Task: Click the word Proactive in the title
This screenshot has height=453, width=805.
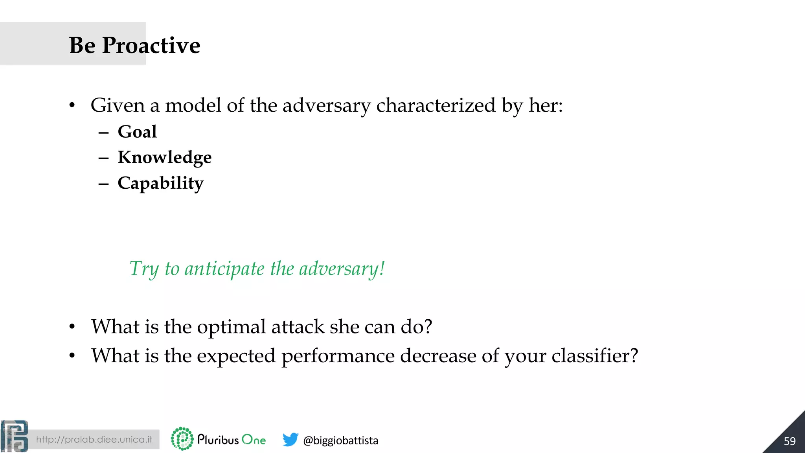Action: tap(151, 45)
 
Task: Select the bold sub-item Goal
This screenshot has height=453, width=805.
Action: tap(137, 132)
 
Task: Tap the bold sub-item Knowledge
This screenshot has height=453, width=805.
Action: tap(165, 157)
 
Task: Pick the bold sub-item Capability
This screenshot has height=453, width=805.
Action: tap(161, 183)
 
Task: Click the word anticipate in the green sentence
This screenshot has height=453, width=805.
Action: tap(224, 269)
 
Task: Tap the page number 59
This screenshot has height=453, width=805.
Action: tap(789, 441)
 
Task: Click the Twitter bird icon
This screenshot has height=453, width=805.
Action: tap(290, 439)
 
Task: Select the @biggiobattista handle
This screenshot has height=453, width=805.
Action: tap(340, 440)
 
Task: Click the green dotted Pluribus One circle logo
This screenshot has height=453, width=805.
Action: tap(182, 439)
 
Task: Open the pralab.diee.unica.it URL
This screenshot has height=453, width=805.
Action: tap(94, 440)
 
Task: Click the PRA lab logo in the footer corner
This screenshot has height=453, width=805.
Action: tap(15, 436)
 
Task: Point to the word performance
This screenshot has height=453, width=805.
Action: tap(338, 356)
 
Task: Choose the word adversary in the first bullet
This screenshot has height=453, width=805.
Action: tap(326, 105)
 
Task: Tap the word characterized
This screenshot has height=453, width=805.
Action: tap(436, 105)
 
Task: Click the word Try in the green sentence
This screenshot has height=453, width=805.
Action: tap(144, 269)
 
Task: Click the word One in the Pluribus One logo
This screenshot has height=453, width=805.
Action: tap(254, 440)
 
